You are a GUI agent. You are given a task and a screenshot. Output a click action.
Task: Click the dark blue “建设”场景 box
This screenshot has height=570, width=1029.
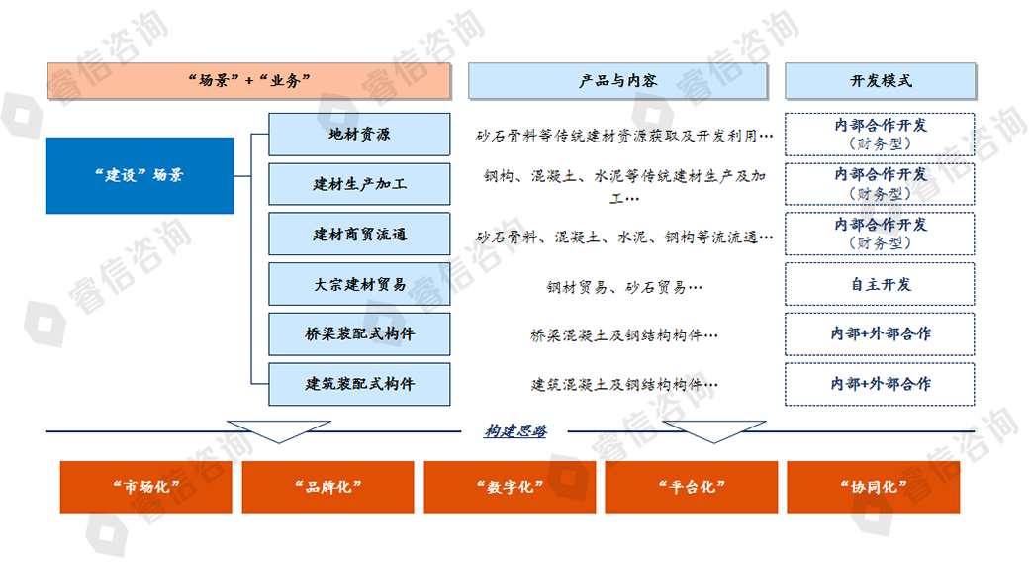point(140,175)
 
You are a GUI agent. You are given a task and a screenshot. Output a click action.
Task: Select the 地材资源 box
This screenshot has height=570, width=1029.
point(359,134)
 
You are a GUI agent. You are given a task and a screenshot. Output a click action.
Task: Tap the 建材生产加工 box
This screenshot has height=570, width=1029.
point(359,184)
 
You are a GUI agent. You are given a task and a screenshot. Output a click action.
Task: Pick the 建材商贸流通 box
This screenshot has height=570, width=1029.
point(359,235)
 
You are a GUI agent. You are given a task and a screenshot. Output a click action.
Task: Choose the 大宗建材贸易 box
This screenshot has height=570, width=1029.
point(359,284)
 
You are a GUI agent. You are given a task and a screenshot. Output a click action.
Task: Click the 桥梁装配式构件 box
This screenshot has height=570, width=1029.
point(359,333)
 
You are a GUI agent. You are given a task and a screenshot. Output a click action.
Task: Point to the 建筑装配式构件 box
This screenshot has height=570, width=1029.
point(359,384)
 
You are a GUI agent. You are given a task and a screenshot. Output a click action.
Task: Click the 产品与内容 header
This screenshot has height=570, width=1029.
point(617,81)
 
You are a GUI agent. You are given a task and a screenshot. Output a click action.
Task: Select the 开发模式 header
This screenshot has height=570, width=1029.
point(880,81)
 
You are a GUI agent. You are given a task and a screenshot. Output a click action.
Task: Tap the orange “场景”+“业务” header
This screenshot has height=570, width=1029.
point(249,81)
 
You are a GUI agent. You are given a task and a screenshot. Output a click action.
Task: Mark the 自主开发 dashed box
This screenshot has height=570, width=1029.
point(880,284)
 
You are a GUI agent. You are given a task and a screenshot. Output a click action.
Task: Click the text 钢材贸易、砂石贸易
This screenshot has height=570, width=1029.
point(624,287)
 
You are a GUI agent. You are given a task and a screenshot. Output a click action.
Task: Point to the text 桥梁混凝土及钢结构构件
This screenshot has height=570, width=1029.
point(624,335)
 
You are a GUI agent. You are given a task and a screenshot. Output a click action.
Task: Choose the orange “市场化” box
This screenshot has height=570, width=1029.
point(145,487)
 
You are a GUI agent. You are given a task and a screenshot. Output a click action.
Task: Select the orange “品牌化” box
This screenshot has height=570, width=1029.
point(327,487)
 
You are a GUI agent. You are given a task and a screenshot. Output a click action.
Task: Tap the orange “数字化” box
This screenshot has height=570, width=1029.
point(510,487)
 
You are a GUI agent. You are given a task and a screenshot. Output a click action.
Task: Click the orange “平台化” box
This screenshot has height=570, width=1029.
point(691,487)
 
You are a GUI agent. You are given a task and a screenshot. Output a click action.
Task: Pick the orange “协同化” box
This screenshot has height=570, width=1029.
point(873,487)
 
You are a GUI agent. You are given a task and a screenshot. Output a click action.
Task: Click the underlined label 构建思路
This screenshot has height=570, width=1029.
point(515,430)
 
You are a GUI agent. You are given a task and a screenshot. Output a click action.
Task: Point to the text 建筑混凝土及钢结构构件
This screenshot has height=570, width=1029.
point(624,385)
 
